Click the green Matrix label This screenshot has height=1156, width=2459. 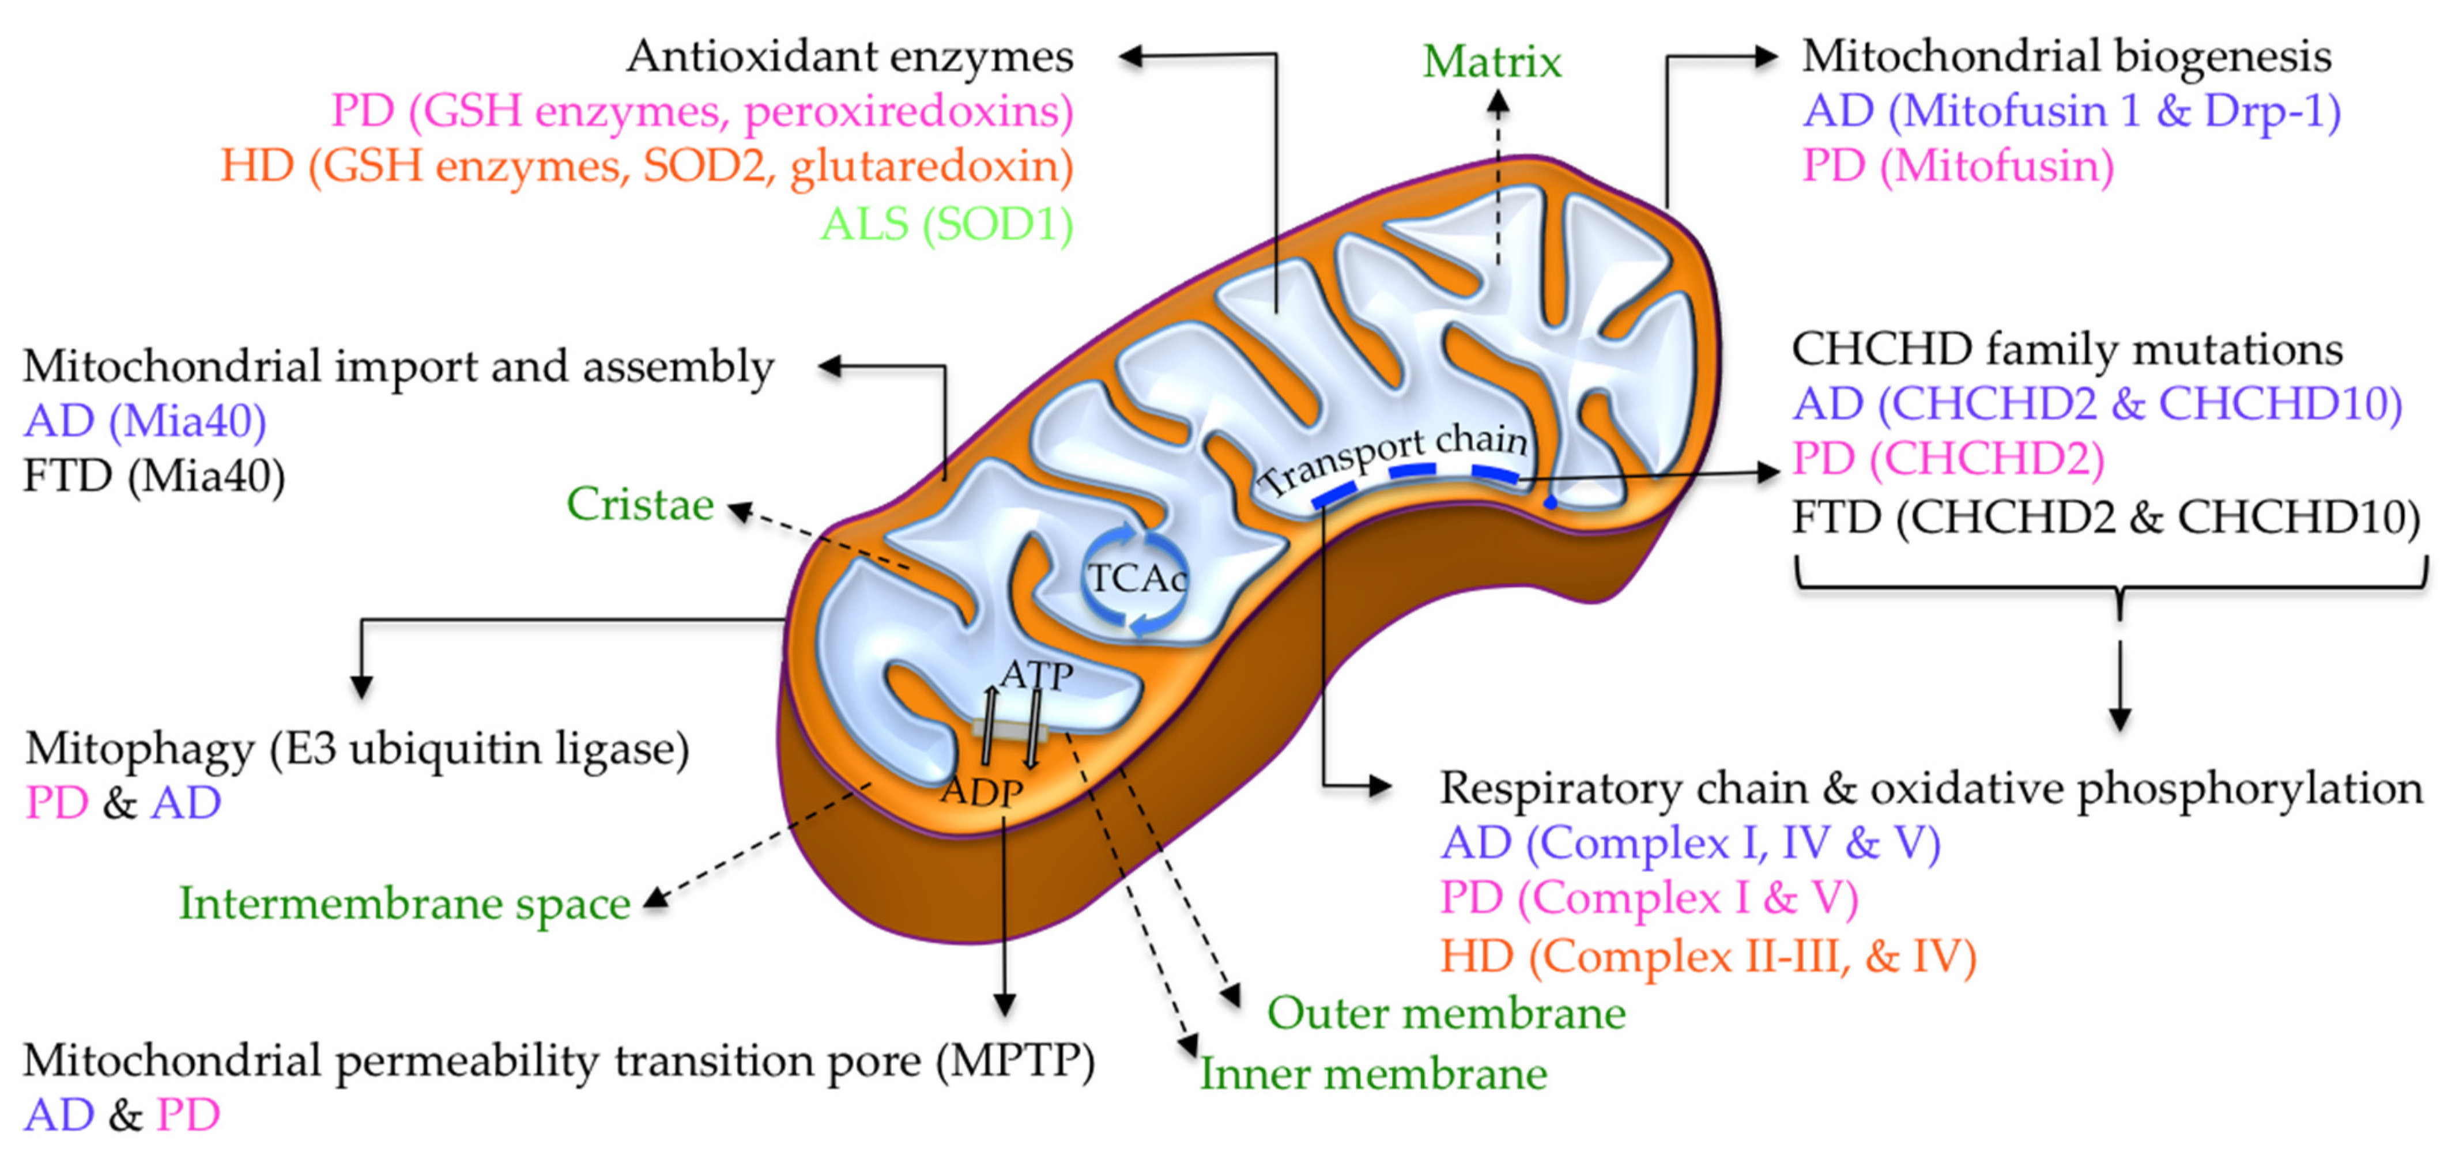[x=1491, y=63]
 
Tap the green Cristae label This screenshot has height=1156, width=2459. [x=640, y=504]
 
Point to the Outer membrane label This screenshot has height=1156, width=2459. [x=1445, y=1014]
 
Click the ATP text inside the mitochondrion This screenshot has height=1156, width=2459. [x=1036, y=676]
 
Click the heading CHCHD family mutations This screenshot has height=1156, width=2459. [x=2066, y=349]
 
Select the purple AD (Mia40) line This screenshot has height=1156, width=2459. [x=145, y=421]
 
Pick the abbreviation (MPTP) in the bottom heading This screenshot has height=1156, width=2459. [x=1014, y=1060]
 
